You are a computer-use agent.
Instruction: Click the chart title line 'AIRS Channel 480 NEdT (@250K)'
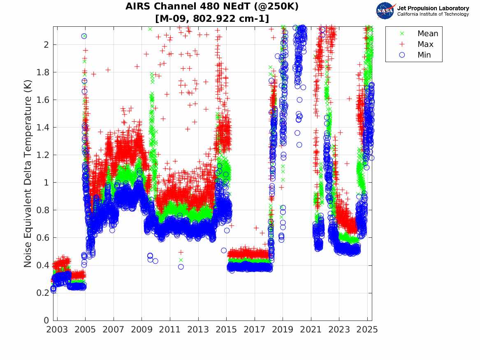coord(212,7)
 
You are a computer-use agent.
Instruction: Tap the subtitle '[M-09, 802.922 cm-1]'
coord(212,19)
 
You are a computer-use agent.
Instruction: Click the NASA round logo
coord(385,11)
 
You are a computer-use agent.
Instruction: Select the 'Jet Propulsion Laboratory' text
coord(433,8)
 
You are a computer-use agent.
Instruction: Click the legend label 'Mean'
coord(428,34)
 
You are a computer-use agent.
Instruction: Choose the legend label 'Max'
coord(425,44)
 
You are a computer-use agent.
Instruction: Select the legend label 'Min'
coord(424,55)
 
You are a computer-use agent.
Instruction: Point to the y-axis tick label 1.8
coord(44,72)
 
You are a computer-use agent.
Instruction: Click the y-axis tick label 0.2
coord(44,293)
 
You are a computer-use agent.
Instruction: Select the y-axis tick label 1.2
coord(44,155)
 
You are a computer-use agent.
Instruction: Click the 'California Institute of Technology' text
coord(433,14)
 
